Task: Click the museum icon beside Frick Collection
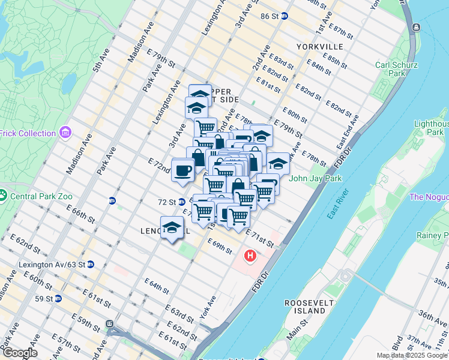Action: (65, 133)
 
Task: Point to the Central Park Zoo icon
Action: (3, 196)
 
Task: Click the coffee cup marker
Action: (183, 170)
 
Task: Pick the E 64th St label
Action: (157, 286)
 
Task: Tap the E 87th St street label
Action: (342, 31)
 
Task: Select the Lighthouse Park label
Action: (430, 128)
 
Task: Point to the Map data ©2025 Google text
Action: (412, 355)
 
